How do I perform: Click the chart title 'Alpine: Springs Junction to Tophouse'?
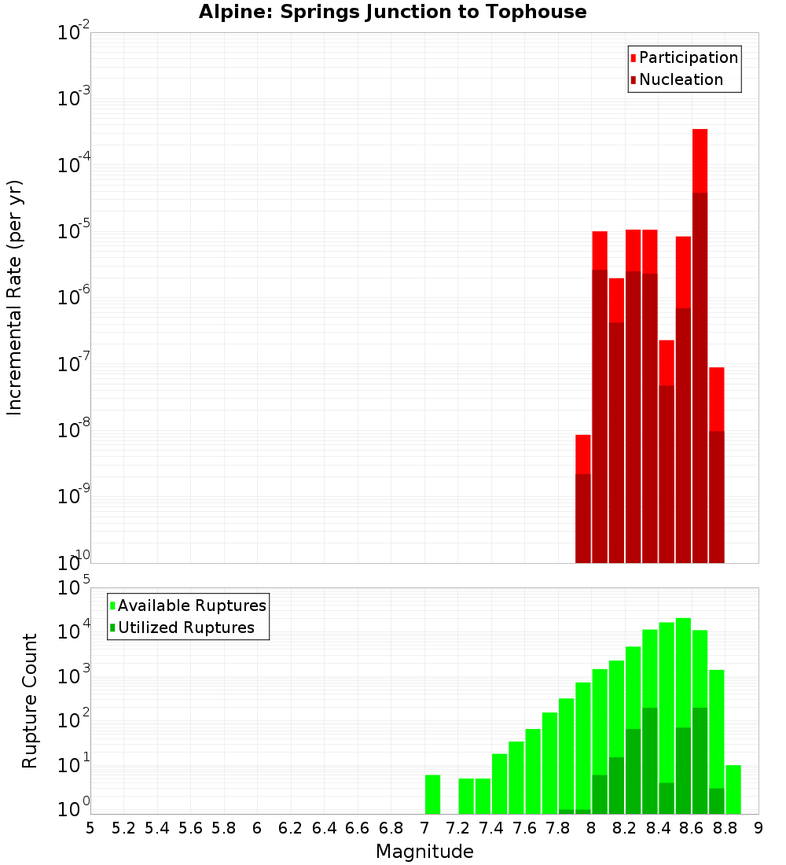click(392, 12)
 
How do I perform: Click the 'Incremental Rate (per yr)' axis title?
click(15, 297)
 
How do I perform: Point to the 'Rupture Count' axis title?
click(30, 701)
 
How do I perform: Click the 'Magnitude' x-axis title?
click(424, 852)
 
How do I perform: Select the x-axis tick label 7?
click(424, 828)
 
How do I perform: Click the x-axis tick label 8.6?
click(692, 828)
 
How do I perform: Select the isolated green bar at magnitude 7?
click(432, 794)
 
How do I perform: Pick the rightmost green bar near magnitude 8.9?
click(733, 790)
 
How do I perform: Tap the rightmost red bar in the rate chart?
click(716, 465)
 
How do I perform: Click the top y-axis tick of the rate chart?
click(74, 33)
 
